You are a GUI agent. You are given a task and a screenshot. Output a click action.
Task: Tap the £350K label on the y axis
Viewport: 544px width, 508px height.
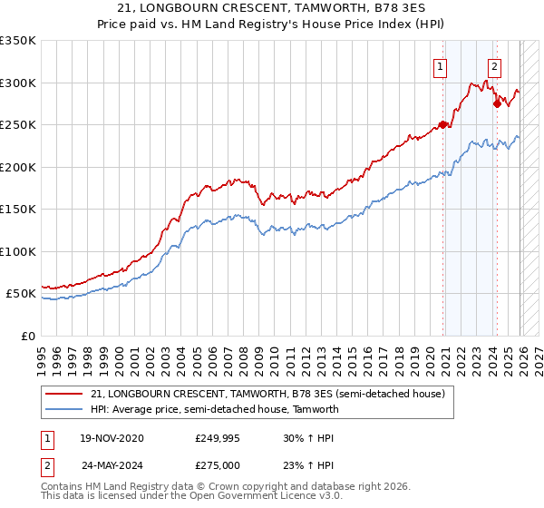18,41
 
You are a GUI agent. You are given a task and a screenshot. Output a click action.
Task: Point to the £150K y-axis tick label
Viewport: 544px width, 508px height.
18,210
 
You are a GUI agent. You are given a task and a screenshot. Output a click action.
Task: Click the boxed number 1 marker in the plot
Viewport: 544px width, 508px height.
440,65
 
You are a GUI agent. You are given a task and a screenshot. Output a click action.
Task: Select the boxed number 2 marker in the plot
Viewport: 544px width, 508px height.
494,65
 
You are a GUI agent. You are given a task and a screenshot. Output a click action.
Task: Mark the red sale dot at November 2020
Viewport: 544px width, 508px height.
443,125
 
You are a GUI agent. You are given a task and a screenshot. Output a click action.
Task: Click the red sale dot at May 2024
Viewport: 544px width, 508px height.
497,103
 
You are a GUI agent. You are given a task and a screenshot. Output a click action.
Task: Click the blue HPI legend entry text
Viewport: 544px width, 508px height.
214,409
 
